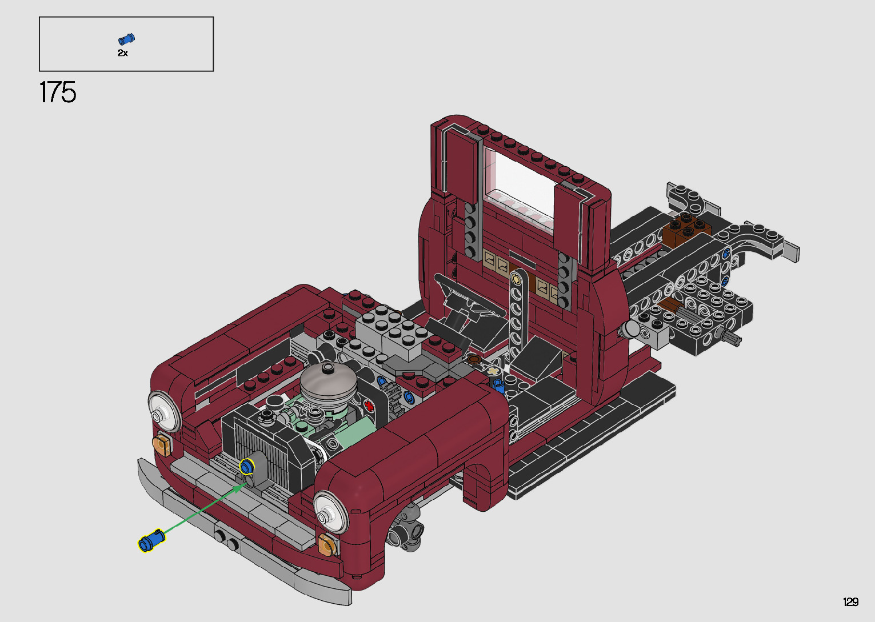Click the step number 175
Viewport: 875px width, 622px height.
[x=58, y=92]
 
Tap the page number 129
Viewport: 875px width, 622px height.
[x=850, y=601]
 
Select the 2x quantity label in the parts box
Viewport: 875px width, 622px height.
[x=123, y=53]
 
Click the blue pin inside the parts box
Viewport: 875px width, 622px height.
[x=126, y=39]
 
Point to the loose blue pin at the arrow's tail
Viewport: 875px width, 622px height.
[x=152, y=540]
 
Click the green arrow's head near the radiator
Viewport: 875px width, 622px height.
[x=243, y=486]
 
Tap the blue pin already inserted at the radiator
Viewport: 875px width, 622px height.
[x=246, y=467]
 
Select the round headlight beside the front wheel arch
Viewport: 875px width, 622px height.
[x=330, y=512]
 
